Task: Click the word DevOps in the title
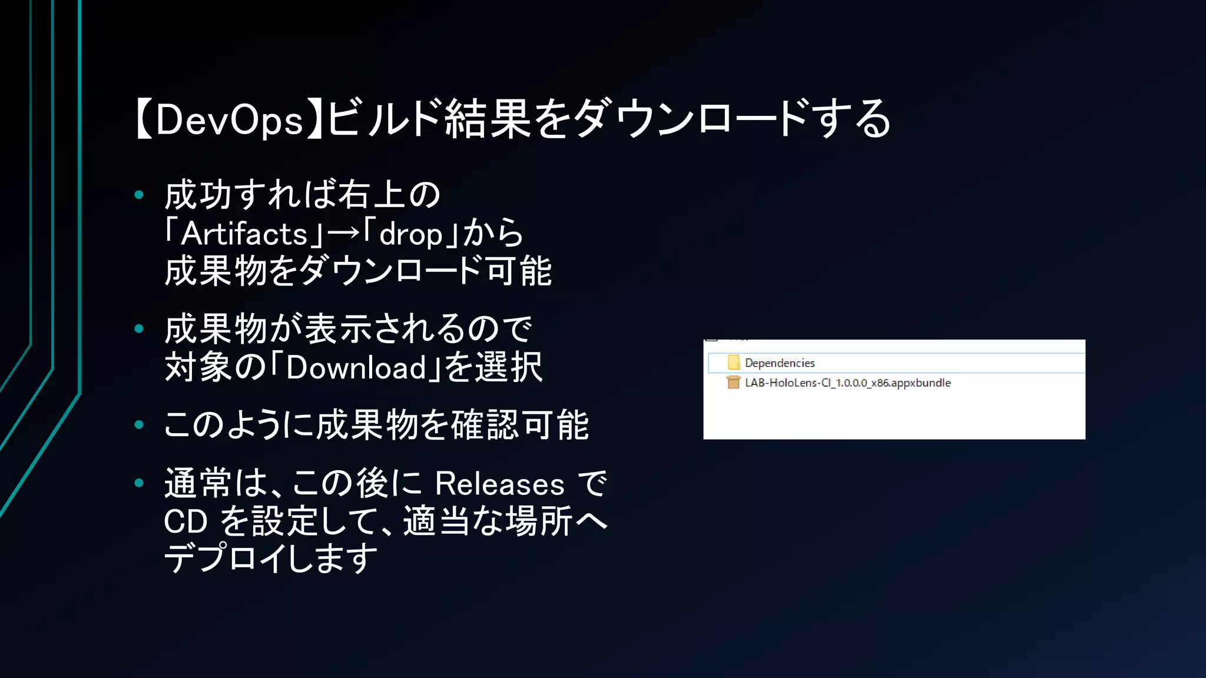coord(229,120)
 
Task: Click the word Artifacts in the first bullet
coord(244,234)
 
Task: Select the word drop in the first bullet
coord(410,235)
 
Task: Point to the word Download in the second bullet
coord(356,368)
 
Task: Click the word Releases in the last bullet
coord(499,484)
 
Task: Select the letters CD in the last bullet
coord(185,522)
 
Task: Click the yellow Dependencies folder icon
coord(733,363)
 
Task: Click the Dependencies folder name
coord(780,363)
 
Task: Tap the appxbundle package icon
coord(733,383)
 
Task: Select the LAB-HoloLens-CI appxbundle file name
coord(847,383)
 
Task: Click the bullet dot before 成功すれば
coord(139,195)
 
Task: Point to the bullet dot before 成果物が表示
coord(139,328)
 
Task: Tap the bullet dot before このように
coord(139,424)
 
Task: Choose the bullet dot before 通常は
coord(139,483)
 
